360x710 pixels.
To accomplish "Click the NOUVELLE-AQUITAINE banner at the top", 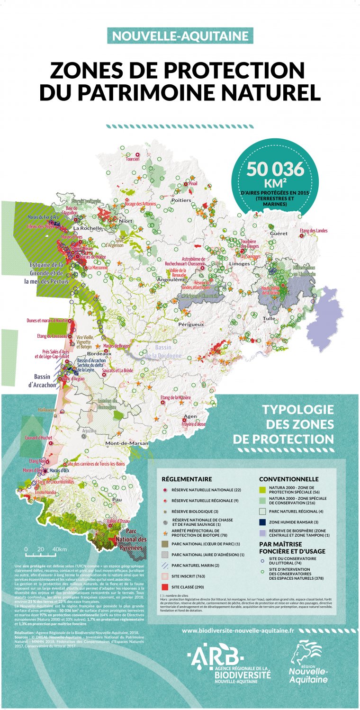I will (180, 36).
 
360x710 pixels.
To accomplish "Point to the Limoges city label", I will (239, 263).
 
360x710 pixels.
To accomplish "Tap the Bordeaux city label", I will (99, 353).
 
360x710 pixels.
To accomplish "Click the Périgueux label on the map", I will (191, 324).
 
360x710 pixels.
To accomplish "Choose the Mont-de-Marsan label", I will (126, 443).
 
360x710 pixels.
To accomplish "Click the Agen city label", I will (189, 416).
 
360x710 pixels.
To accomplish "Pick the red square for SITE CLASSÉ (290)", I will (165, 587).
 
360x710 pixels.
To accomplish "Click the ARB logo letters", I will (214, 654).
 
